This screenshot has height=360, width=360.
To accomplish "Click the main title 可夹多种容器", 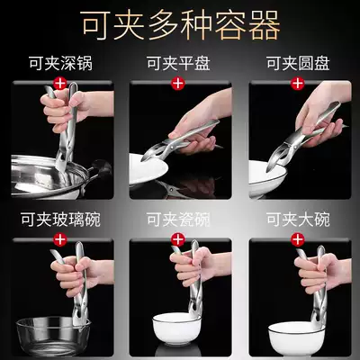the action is pyautogui.click(x=180, y=25).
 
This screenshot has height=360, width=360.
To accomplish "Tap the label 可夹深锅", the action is pyautogui.click(x=61, y=63).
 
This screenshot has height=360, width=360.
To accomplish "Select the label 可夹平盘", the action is pyautogui.click(x=178, y=63).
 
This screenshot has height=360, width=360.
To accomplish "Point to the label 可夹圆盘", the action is pyautogui.click(x=298, y=63).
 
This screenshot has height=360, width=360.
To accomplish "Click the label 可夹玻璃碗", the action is pyautogui.click(x=60, y=220).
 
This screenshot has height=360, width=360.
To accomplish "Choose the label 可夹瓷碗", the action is pyautogui.click(x=178, y=220).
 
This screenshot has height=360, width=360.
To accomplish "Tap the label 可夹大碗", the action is pyautogui.click(x=298, y=220).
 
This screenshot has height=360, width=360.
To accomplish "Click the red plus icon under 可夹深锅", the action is pyautogui.click(x=60, y=83).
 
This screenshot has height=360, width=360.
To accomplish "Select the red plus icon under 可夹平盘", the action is pyautogui.click(x=178, y=83).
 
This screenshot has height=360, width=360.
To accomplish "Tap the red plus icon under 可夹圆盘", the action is pyautogui.click(x=298, y=83).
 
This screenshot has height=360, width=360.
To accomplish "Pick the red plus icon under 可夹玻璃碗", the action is pyautogui.click(x=60, y=239).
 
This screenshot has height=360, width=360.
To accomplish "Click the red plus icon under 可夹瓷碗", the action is pyautogui.click(x=178, y=239).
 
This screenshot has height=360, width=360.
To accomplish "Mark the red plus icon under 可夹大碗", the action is pyautogui.click(x=298, y=239).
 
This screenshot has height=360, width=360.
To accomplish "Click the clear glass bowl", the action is pyautogui.click(x=53, y=336).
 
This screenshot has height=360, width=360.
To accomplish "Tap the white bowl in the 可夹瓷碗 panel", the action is pyautogui.click(x=176, y=328).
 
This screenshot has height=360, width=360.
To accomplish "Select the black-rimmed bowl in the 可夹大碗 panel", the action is pyautogui.click(x=296, y=336).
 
